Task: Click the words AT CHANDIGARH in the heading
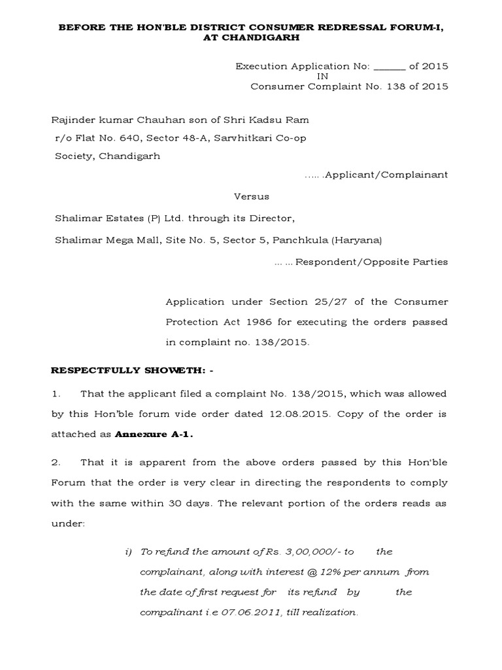[x=250, y=38]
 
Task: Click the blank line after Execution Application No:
[x=391, y=66]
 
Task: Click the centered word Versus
[x=252, y=196]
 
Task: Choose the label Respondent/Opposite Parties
[x=371, y=262]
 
